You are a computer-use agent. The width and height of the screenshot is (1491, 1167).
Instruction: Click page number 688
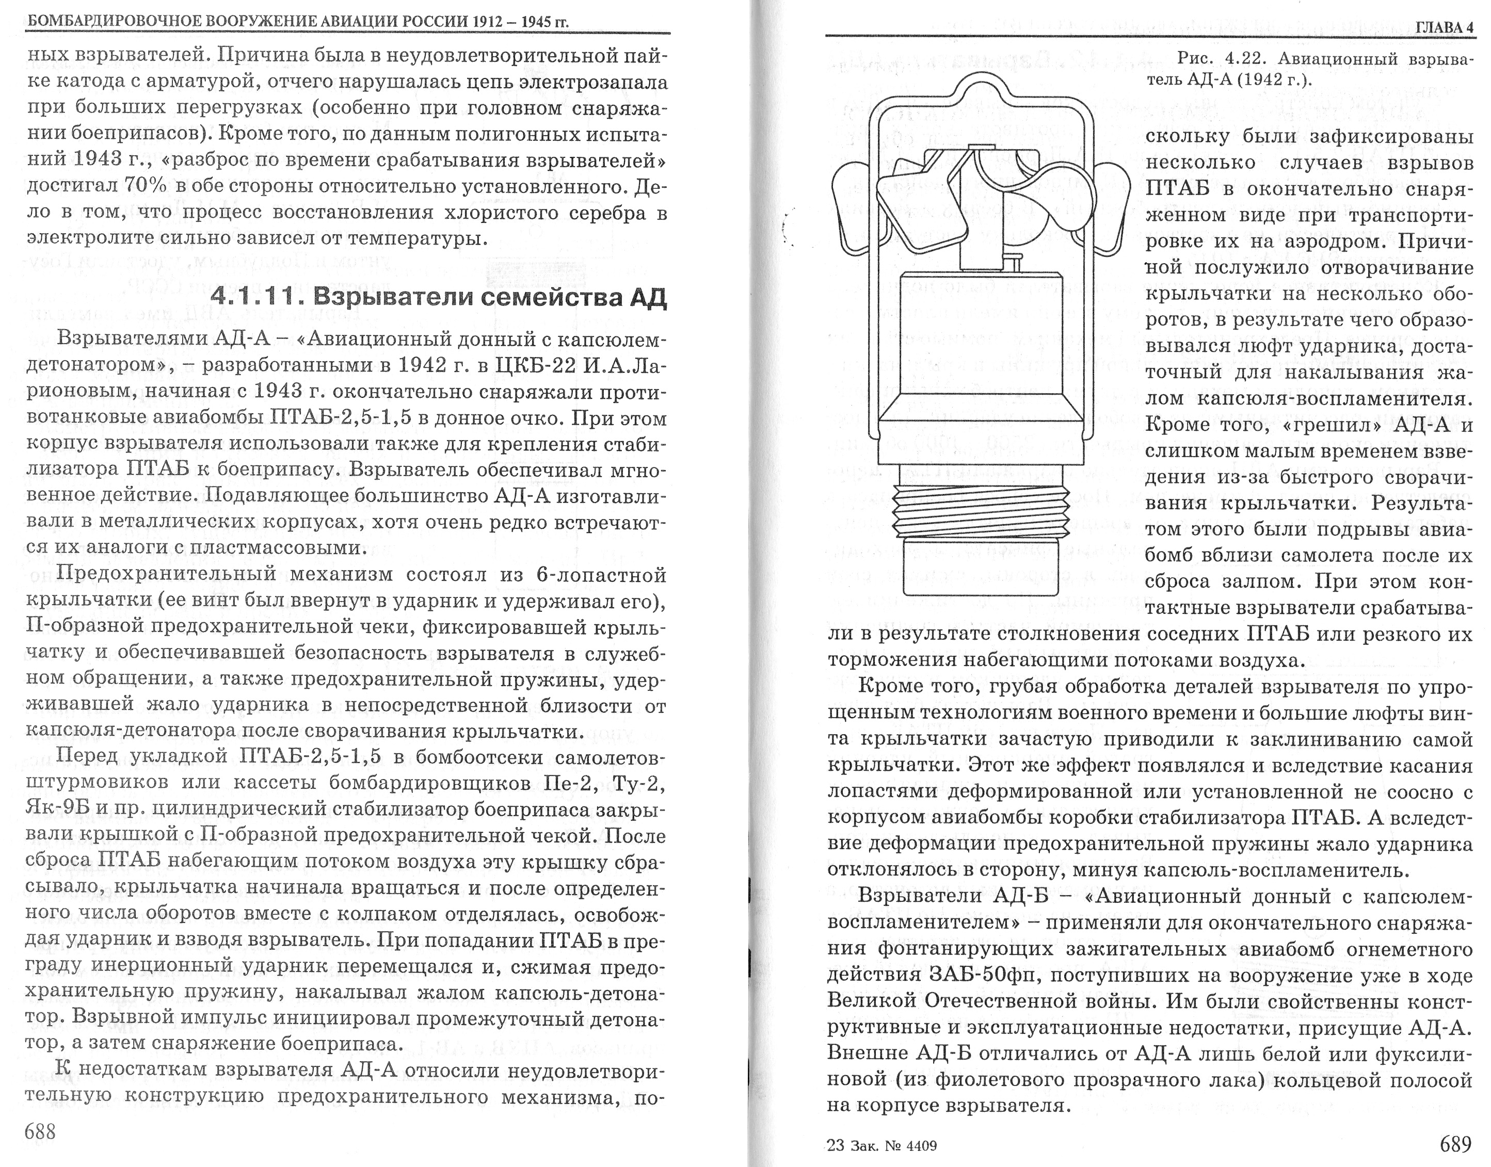click(40, 1131)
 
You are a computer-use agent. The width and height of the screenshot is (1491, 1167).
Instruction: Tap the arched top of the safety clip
click(979, 89)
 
